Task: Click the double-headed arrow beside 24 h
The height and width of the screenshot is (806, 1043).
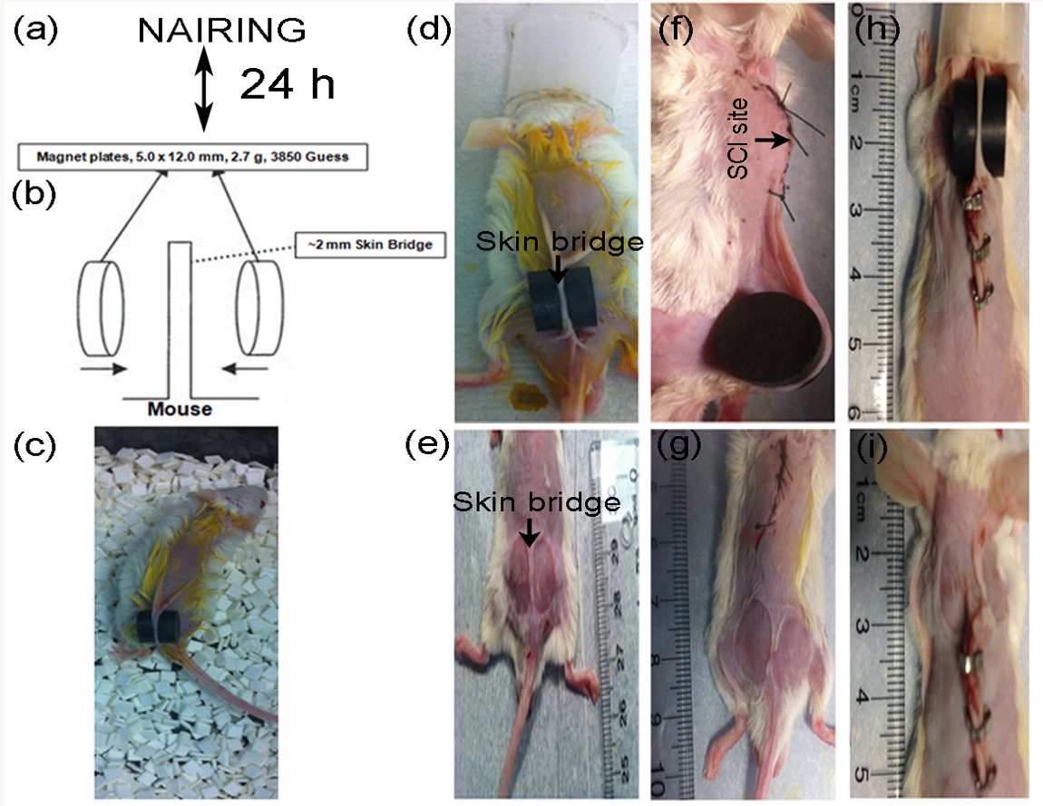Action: click(204, 88)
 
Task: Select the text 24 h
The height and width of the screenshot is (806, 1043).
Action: click(287, 86)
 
